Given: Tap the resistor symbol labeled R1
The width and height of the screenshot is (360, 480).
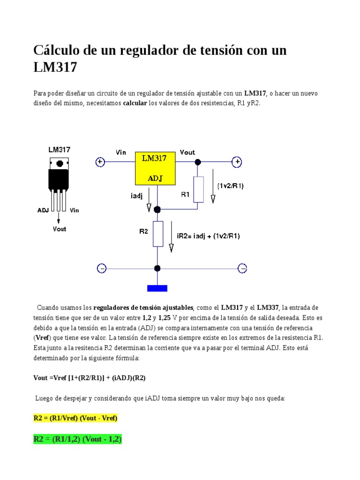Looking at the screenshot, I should point(198,189).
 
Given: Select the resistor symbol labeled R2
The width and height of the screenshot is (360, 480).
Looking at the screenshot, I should point(158,233).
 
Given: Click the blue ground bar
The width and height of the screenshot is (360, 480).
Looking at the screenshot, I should point(157,288).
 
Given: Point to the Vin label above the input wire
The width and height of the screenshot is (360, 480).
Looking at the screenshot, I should point(121,152).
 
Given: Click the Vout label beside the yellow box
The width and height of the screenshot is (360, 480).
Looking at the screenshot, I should point(187,152).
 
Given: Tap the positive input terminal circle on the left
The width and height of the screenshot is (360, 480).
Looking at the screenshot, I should point(100,162).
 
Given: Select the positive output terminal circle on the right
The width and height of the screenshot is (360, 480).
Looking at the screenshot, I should point(238,162).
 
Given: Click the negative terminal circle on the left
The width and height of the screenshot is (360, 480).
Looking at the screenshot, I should point(101,268).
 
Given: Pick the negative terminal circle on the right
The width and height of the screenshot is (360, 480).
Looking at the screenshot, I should point(242,268).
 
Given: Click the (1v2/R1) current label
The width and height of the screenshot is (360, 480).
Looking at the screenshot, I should point(231,186).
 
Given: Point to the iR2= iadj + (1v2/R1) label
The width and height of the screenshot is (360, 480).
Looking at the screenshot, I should point(208,236).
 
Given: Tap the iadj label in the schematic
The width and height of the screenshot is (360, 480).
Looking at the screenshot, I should point(137,196).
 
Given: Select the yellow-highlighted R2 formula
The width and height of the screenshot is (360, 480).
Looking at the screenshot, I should point(75,418).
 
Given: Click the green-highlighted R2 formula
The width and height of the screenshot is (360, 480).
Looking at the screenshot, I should point(77,439).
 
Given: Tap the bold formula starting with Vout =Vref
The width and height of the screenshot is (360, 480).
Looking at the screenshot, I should point(86,377).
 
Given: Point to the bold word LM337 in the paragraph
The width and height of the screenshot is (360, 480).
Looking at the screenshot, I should point(268,308).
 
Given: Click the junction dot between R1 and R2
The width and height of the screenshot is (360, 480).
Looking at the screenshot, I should point(157,210).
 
